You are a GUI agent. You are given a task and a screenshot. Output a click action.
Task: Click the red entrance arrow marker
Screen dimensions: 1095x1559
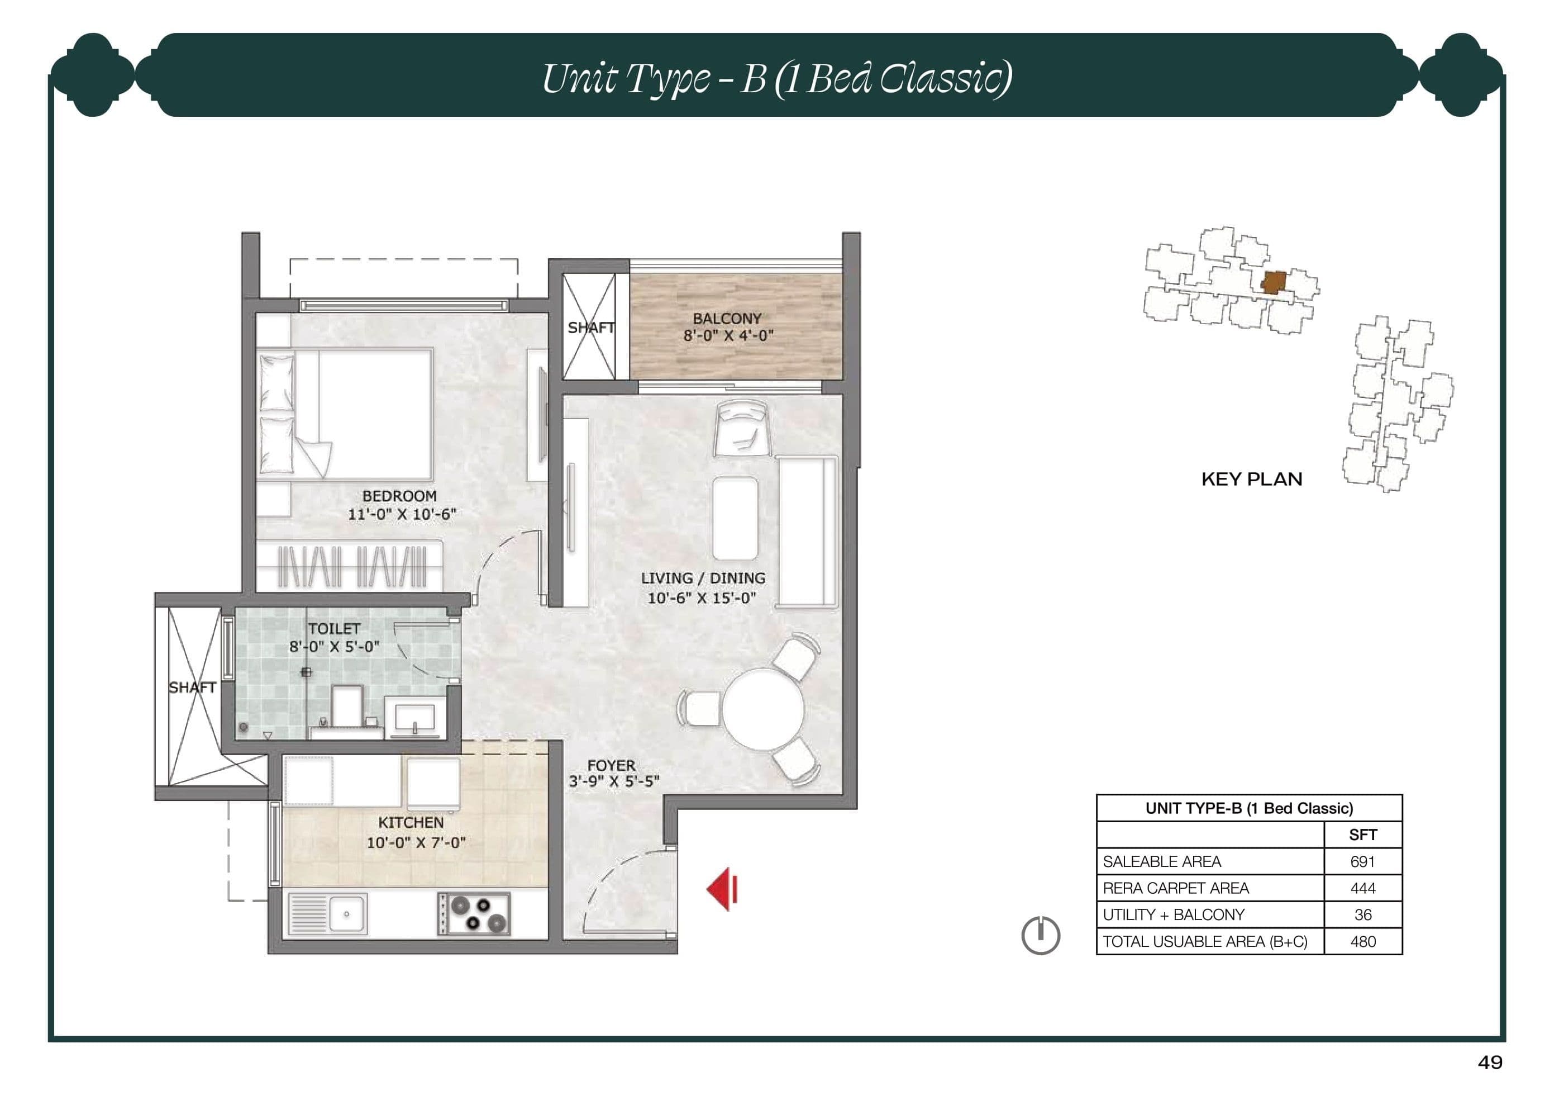pyautogui.click(x=722, y=889)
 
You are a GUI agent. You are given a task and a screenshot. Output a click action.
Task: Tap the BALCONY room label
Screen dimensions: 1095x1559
pyautogui.click(x=727, y=318)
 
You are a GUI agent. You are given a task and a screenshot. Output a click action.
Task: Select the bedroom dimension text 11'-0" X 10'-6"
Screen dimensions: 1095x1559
pyautogui.click(x=402, y=514)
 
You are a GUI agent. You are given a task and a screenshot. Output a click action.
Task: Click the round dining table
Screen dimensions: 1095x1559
pyautogui.click(x=762, y=709)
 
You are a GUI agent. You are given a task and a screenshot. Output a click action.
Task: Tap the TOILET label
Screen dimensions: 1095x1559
pyautogui.click(x=334, y=628)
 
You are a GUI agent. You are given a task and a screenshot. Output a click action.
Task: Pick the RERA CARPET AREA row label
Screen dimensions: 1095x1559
pyautogui.click(x=1175, y=888)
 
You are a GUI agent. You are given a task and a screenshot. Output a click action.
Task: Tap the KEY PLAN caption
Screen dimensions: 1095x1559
pyautogui.click(x=1251, y=479)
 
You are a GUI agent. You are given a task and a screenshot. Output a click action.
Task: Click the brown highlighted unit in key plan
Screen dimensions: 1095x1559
pyautogui.click(x=1274, y=282)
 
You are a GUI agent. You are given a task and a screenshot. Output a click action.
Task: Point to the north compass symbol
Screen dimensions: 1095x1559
pyautogui.click(x=1040, y=935)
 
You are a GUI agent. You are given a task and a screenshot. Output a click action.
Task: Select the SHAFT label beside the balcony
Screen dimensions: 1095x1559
pyautogui.click(x=591, y=328)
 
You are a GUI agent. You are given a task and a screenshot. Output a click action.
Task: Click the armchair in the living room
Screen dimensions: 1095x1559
pyautogui.click(x=742, y=428)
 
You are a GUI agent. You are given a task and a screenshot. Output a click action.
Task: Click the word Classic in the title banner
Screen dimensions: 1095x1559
pyautogui.click(x=944, y=79)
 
